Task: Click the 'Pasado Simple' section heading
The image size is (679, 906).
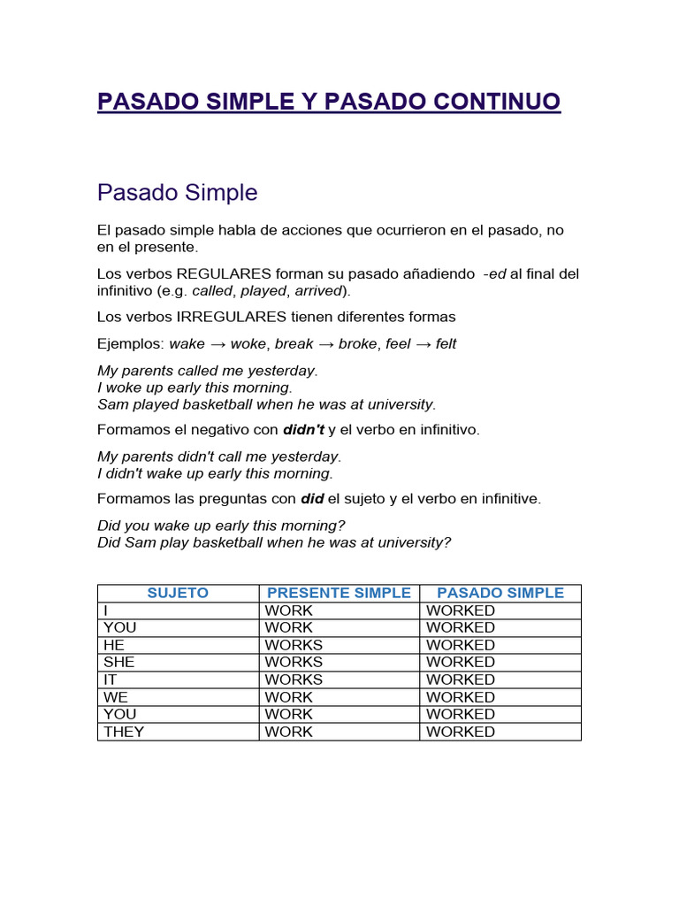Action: pyautogui.click(x=177, y=192)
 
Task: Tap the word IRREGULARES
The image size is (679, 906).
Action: pyautogui.click(x=232, y=317)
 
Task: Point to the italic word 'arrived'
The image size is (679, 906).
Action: pyautogui.click(x=317, y=290)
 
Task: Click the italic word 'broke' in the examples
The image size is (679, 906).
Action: pyautogui.click(x=357, y=343)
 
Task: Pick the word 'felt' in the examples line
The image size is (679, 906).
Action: pyautogui.click(x=446, y=343)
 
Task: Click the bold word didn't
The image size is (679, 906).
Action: pyautogui.click(x=303, y=430)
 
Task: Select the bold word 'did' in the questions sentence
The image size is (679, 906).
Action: pyautogui.click(x=312, y=499)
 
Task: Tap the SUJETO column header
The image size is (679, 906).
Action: pyautogui.click(x=178, y=593)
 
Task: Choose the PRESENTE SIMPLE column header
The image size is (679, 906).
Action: pyautogui.click(x=339, y=593)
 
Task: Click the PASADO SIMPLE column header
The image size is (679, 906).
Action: pyautogui.click(x=500, y=593)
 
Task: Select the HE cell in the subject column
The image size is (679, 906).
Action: pyautogui.click(x=114, y=645)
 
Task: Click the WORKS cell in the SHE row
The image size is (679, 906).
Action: pyautogui.click(x=294, y=662)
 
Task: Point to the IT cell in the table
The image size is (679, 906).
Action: pyautogui.click(x=111, y=679)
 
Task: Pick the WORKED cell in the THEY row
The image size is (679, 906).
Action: pyautogui.click(x=461, y=732)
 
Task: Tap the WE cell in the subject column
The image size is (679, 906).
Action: pyautogui.click(x=116, y=697)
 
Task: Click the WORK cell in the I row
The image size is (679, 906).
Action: pyautogui.click(x=288, y=610)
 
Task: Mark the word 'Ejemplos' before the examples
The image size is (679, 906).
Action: pyautogui.click(x=130, y=343)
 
